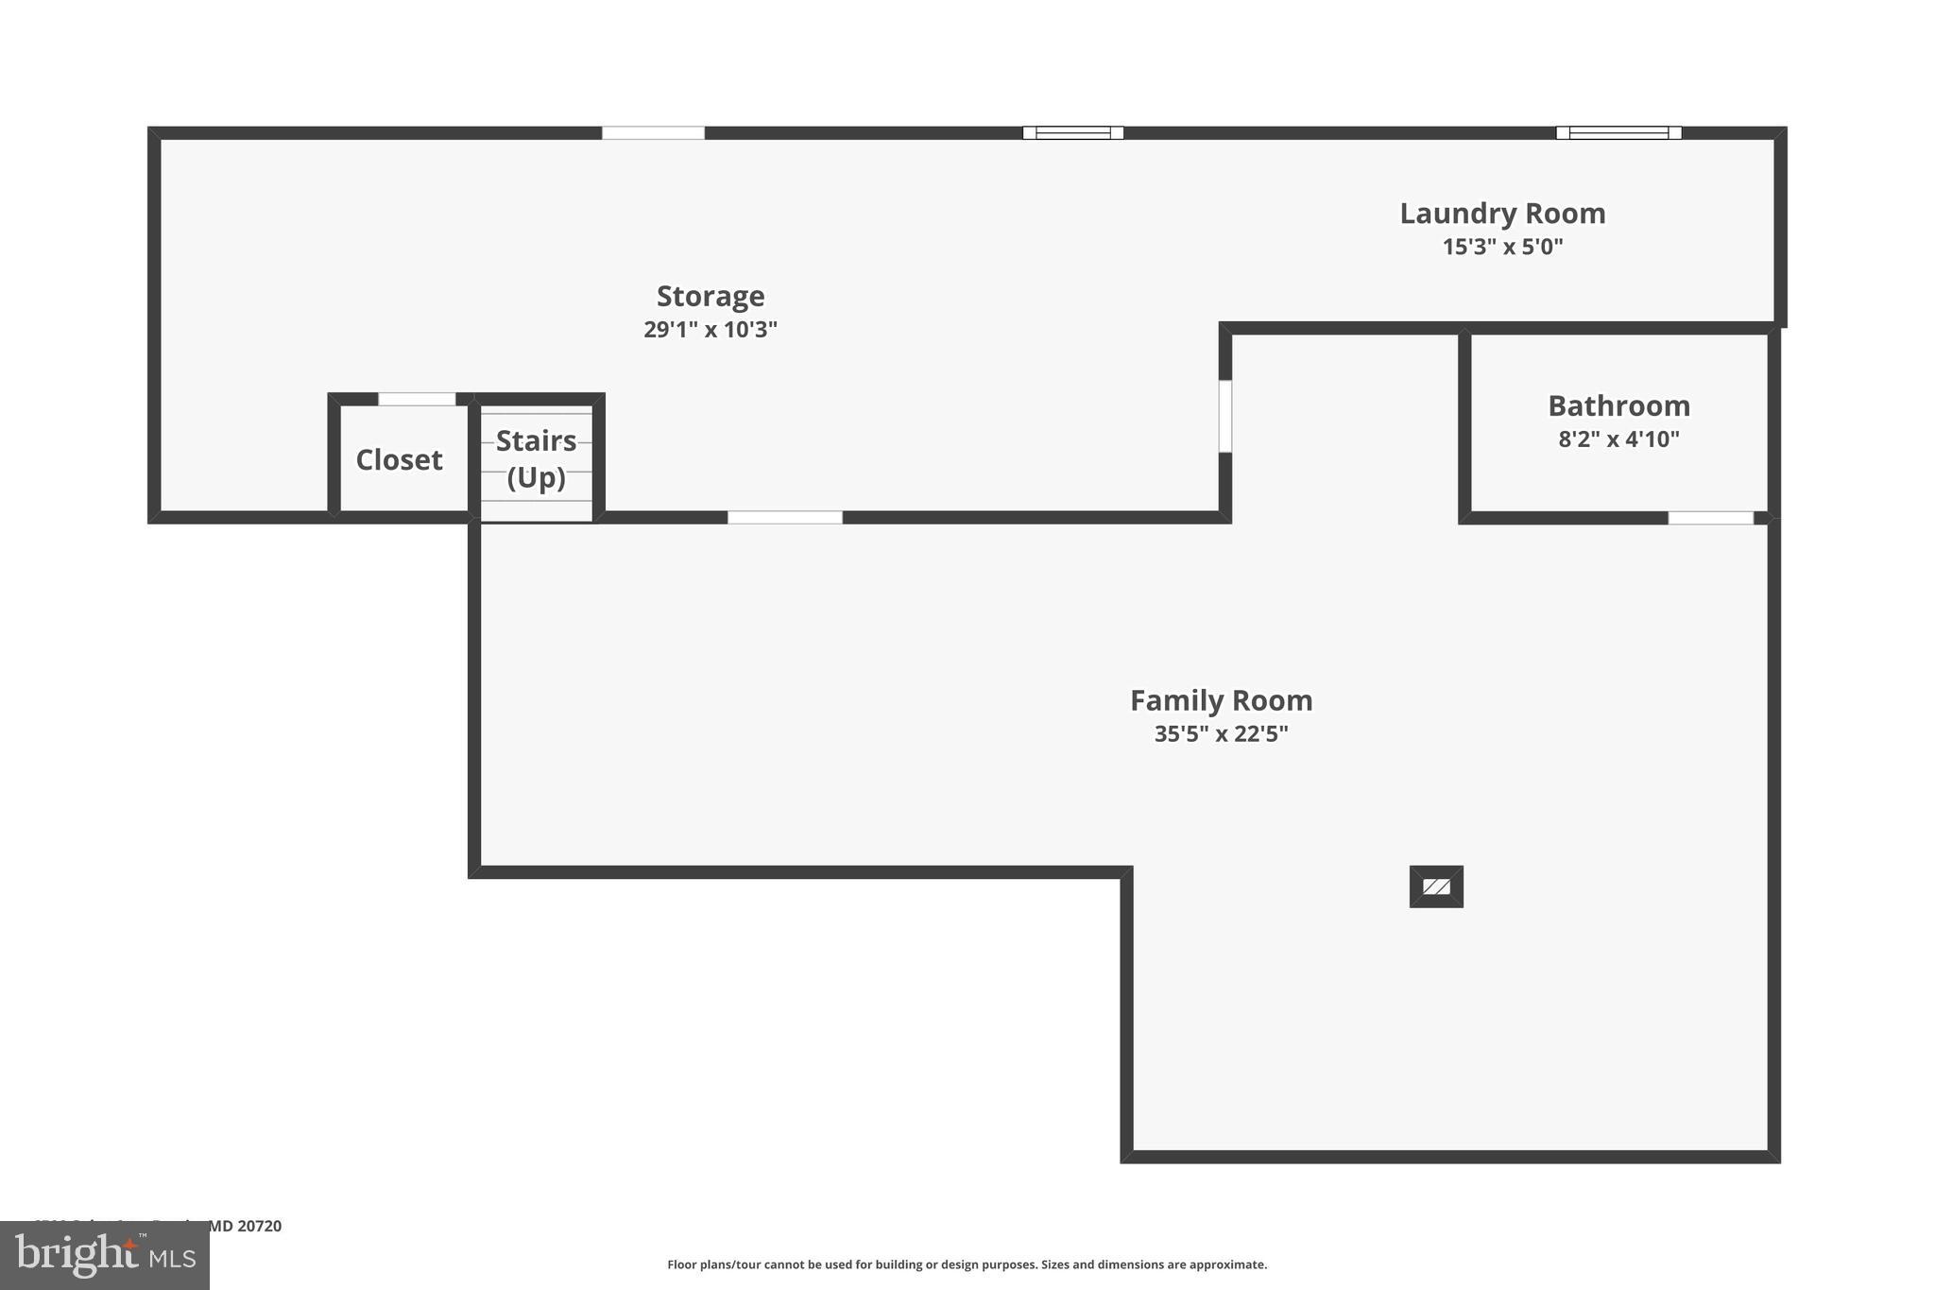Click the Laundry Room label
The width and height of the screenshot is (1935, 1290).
point(1502,214)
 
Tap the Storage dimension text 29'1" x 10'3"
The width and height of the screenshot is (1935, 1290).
point(711,330)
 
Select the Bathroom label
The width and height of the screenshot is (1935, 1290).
point(1618,406)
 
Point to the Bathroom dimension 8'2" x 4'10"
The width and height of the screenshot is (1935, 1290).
point(1618,439)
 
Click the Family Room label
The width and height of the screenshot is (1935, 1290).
point(1221,701)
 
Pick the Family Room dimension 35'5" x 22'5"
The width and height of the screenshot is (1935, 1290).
point(1221,734)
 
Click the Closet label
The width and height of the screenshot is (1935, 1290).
point(399,460)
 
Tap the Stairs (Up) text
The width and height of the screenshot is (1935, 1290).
point(536,459)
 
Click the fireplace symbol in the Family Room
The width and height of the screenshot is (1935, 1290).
point(1436,886)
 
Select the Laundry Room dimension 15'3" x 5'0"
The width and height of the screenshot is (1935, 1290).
point(1502,247)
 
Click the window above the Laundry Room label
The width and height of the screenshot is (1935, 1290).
point(1618,133)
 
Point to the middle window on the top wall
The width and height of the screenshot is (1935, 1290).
point(1072,133)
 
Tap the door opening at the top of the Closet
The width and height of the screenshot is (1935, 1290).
point(417,399)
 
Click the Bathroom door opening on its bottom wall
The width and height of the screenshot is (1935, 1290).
point(1710,518)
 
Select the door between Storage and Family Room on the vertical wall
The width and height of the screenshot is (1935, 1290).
point(1225,416)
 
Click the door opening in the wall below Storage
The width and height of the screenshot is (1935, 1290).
point(784,518)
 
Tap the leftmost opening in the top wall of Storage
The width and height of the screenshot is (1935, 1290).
point(653,133)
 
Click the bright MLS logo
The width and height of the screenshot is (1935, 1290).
point(105,1256)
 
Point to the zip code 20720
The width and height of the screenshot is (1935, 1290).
point(258,1227)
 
